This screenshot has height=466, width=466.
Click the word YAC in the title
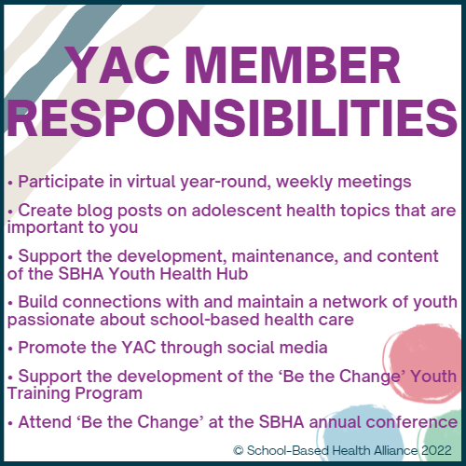pos(118,65)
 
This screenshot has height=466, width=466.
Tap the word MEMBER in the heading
pos(293,65)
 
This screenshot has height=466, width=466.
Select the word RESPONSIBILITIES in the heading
pos(232,118)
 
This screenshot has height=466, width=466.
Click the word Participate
pos(61,182)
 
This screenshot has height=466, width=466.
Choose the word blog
pos(94,212)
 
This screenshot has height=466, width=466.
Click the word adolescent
pos(236,211)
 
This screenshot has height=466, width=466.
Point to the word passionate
pos(50,321)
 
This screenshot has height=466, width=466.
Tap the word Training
pos(38,394)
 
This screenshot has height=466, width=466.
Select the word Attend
pos(45,422)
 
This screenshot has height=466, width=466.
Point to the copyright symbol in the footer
pos(239,450)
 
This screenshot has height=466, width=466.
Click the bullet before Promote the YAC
pos(10,349)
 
